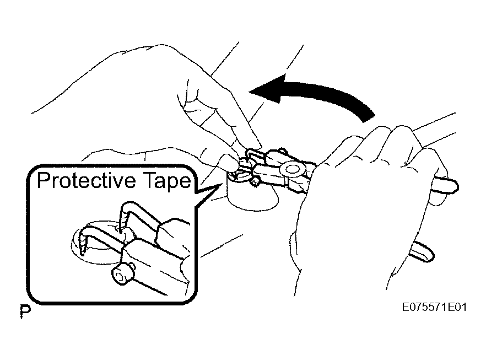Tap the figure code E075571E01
(x=434, y=307)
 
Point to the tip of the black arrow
(x=250, y=92)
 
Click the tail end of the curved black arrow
(x=369, y=118)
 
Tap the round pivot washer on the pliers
(x=291, y=169)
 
